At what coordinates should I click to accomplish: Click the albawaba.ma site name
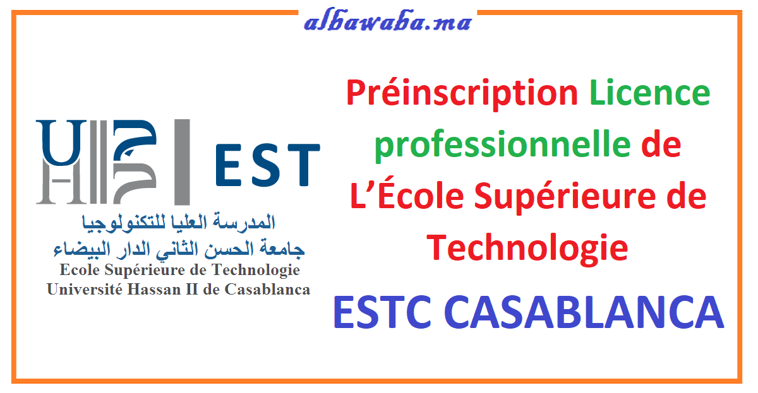tap(387, 22)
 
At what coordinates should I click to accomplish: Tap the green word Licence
tap(650, 93)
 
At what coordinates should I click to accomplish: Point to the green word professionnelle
tap(502, 146)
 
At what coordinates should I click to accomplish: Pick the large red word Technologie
tap(527, 247)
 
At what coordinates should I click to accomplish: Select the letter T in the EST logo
tap(301, 165)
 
